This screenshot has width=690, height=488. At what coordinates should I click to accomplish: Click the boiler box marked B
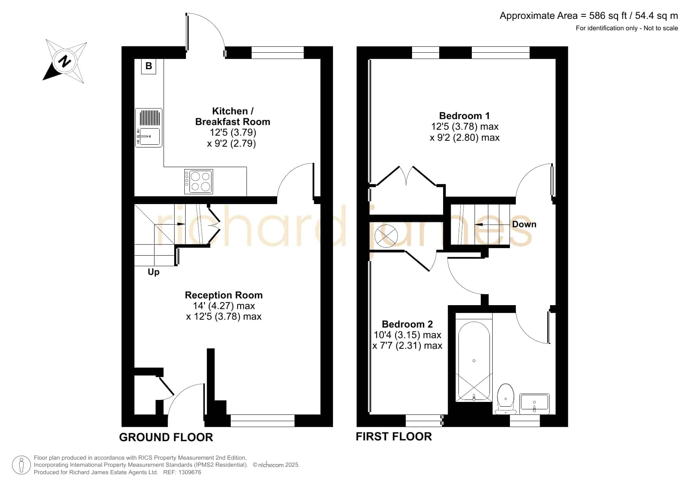coord(149,66)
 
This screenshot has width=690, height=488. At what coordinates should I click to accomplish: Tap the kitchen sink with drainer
coord(149,128)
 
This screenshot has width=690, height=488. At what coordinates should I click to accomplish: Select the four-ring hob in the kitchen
coord(199,182)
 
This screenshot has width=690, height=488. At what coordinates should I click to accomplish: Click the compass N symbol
coord(65,61)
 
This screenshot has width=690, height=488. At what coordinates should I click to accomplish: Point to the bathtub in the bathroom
coord(474,361)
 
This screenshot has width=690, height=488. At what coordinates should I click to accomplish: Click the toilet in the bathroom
coord(506,399)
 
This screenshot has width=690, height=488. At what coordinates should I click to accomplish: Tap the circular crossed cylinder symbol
coord(386,236)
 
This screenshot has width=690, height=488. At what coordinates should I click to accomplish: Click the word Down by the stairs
coord(524,224)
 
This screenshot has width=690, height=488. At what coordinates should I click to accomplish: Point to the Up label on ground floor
coord(154,272)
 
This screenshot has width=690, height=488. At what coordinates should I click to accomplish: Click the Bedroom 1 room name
coord(464,116)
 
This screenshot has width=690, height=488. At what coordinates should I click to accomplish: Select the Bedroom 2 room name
coord(407,324)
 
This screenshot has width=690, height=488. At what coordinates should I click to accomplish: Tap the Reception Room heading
coord(224,295)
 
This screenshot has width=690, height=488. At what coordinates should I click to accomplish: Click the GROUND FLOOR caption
coord(166,437)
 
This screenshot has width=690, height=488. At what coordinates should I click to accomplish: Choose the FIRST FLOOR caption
coord(394,436)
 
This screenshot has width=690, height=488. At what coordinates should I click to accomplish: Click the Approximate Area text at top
coord(589,16)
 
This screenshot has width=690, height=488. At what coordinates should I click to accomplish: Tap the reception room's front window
coord(263,421)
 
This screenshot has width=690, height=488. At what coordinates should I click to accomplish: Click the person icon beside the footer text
coord(21,465)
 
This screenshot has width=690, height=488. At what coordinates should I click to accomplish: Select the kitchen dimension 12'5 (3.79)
coord(233,133)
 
